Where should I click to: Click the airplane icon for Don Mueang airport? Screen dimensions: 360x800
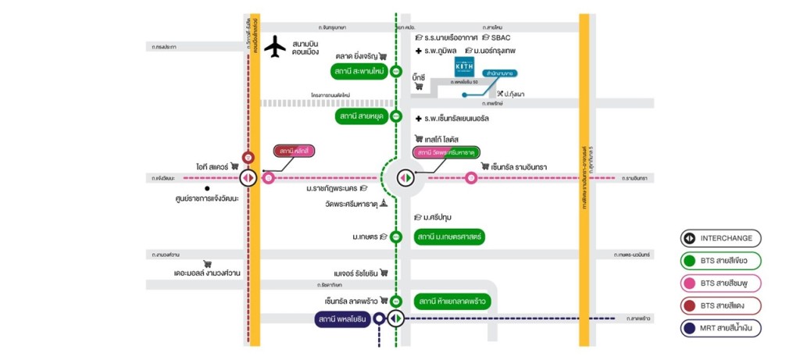click(275, 47)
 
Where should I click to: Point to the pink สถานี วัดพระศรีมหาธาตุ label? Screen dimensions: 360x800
click(446, 152)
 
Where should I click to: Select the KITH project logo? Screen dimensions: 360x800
click(462, 68)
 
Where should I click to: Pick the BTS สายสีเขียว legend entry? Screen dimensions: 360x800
click(720, 261)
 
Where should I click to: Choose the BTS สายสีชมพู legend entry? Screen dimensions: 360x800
click(720, 283)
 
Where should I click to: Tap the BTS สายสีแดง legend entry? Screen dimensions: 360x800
click(720, 306)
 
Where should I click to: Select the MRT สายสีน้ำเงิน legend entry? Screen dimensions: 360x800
click(720, 329)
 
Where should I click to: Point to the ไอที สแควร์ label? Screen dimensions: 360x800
click(212, 166)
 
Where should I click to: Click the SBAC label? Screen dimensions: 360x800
click(500, 37)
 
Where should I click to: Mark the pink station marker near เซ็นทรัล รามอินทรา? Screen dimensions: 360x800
click(471, 178)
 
